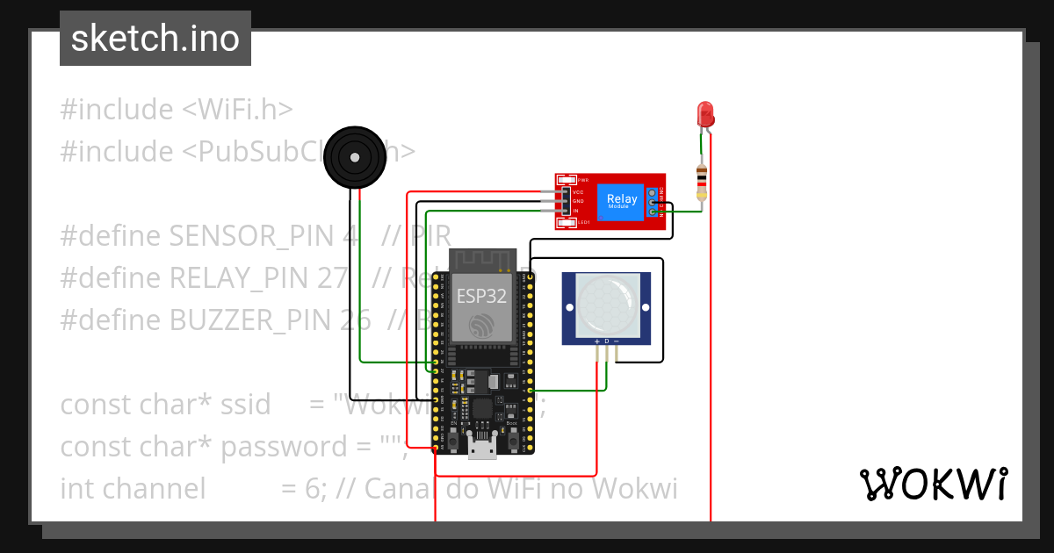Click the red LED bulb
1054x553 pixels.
coord(704,113)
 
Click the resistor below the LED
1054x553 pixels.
coord(700,182)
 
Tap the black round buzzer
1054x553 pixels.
coord(355,158)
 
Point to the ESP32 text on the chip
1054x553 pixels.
coord(480,295)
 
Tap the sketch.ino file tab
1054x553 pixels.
coord(155,39)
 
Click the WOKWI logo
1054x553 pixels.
coord(933,484)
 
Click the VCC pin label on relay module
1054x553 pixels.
coord(578,191)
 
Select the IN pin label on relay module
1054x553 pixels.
coord(576,212)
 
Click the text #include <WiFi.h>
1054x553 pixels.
coord(176,110)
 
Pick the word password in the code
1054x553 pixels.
coord(283,447)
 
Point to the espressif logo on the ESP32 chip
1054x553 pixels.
coord(480,325)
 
